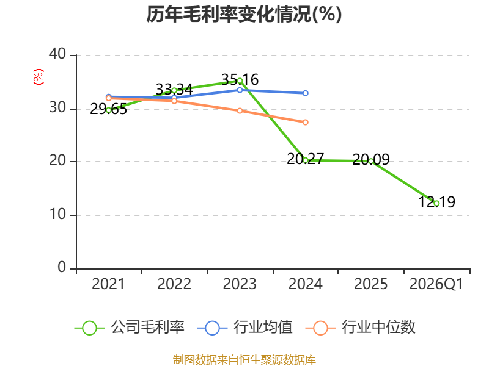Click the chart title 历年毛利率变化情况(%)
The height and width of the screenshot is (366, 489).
coord(244,14)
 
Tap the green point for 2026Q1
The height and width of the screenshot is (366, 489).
coord(436,203)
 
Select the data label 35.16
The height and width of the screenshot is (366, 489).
coord(240,79)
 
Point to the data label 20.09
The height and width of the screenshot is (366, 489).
coord(371,159)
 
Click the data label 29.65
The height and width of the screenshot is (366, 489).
coord(109,109)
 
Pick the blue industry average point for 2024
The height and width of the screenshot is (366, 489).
coord(305,93)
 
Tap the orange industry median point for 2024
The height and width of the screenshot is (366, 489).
coord(305,123)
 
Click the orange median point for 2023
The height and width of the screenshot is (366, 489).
coord(240,111)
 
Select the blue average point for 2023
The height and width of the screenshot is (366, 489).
coord(240,90)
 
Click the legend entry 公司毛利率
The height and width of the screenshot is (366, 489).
coord(130,328)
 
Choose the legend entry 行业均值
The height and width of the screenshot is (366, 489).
coord(245,328)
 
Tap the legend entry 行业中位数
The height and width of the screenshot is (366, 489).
coord(360,328)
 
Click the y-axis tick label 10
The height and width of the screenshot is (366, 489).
coord(57,214)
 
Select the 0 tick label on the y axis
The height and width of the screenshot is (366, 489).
coord(62,267)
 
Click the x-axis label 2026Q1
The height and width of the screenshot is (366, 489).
coord(436,284)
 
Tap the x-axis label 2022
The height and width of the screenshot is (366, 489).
coord(174,284)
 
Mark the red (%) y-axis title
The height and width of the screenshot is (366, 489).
coord(39,77)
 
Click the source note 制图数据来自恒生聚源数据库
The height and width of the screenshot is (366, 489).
coord(244,359)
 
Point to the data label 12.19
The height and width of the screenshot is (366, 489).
coord(436,202)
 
